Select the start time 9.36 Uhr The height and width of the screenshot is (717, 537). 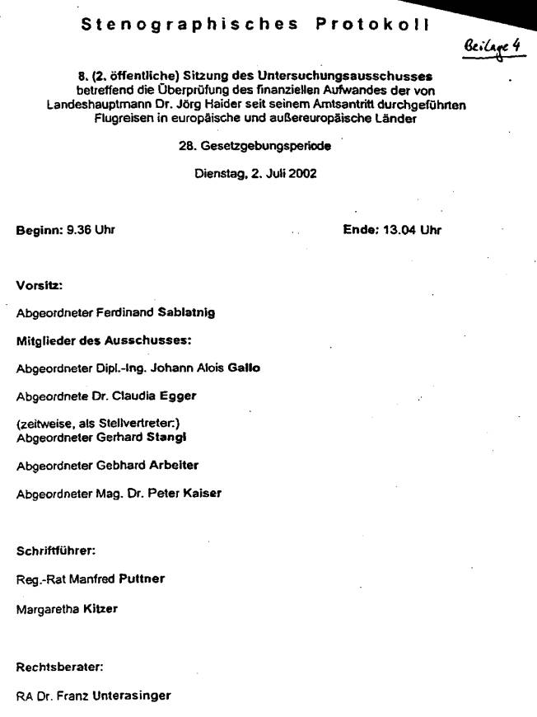pos(90,231)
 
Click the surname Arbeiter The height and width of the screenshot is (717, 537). pos(173,465)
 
